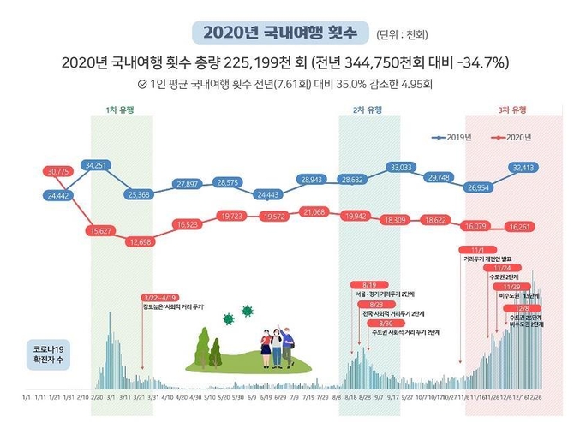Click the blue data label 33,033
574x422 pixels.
[400, 168]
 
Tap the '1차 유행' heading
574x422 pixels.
[120, 111]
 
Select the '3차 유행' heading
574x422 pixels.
[513, 110]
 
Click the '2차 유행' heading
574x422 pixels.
[368, 111]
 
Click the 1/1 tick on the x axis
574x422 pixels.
[27, 397]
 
